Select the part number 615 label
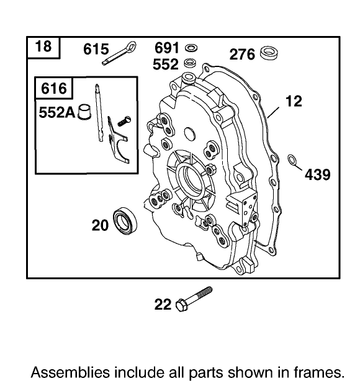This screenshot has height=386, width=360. click(96, 49)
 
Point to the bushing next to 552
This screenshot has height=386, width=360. click(191, 62)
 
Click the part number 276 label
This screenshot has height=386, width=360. click(242, 55)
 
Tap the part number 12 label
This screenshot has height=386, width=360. click(294, 101)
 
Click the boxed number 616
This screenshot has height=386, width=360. click(53, 89)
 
